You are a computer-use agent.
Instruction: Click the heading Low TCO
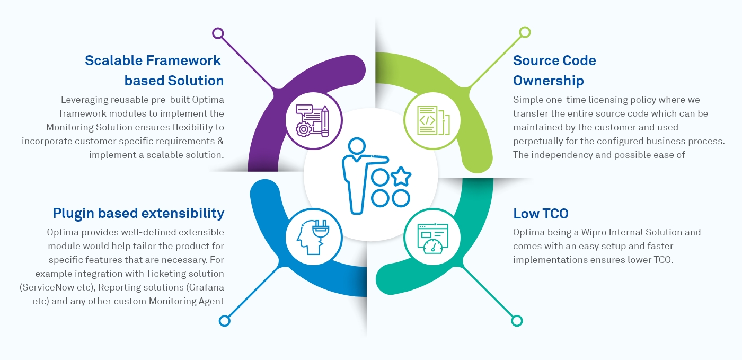pos(541,214)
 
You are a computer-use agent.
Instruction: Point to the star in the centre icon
pos(400,177)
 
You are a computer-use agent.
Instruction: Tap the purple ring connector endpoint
pos(217,33)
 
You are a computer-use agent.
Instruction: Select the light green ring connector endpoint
pos(525,32)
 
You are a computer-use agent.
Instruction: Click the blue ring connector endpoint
pos(225,321)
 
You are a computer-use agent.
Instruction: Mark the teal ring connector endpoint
pos(517,321)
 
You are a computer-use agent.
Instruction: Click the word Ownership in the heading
pos(548,81)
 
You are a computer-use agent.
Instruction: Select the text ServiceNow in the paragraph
pos(63,287)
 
